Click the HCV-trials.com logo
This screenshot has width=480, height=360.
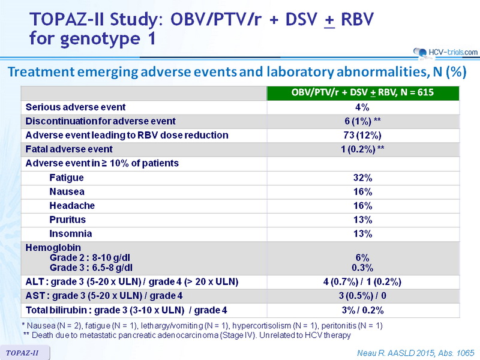[x=445, y=52]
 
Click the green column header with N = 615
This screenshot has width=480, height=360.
[x=363, y=93]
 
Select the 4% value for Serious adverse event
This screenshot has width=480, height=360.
[x=362, y=107]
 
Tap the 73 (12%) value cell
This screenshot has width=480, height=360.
[x=362, y=135]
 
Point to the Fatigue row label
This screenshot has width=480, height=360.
[x=67, y=178]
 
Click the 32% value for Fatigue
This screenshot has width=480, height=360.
[x=363, y=178]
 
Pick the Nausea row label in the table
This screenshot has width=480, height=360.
[x=67, y=191]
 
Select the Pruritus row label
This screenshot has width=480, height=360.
[x=67, y=220]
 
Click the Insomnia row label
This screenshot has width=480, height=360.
[x=70, y=233]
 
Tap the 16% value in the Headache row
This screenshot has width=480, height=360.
[x=363, y=205]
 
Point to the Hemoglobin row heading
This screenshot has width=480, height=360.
[x=53, y=247]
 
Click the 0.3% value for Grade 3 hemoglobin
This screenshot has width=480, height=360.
[x=362, y=268]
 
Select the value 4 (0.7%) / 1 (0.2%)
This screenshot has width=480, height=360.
[x=362, y=281]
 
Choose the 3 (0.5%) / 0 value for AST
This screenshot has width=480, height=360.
[x=362, y=296]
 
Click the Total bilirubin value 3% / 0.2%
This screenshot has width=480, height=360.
[x=362, y=310]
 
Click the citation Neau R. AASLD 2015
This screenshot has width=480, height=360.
[x=415, y=353]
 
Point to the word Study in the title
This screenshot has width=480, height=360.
[x=133, y=20]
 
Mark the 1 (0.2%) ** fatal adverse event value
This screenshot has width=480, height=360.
[x=362, y=149]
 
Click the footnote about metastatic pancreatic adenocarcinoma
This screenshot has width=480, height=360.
[x=187, y=335]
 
